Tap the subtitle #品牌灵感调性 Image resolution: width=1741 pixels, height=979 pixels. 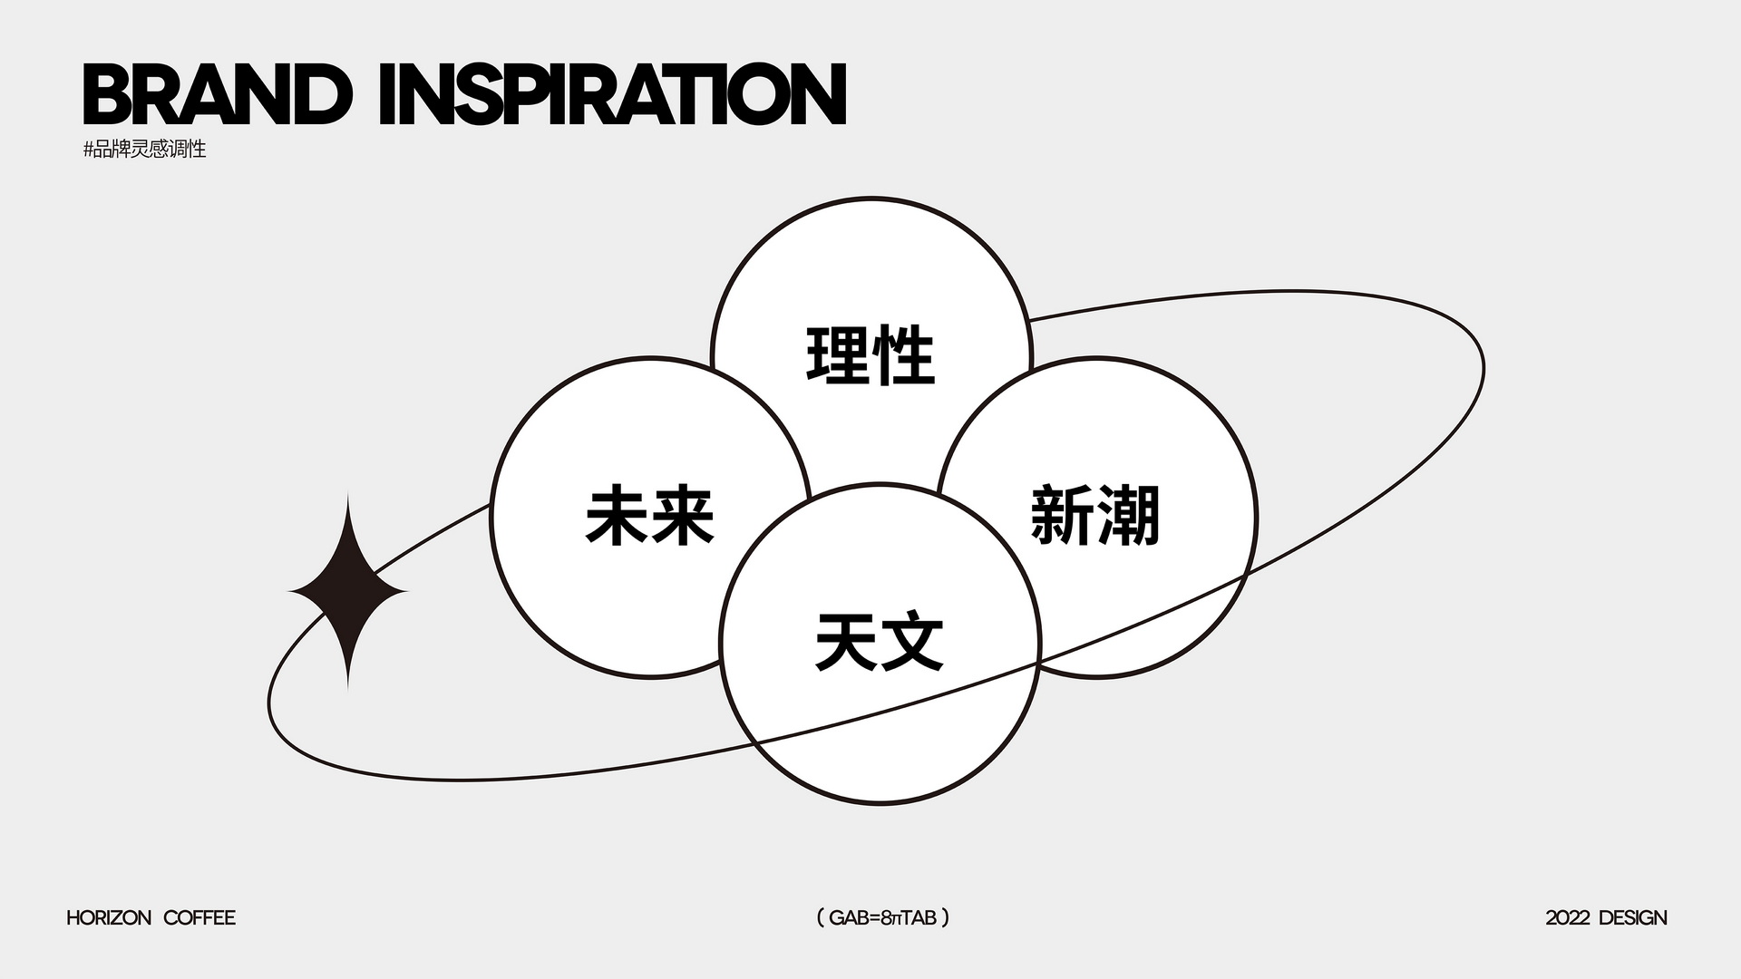point(145,150)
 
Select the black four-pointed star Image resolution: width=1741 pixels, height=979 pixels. point(348,591)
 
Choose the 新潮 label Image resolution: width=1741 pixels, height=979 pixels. point(1095,515)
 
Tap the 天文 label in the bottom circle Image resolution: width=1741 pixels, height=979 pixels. point(880,642)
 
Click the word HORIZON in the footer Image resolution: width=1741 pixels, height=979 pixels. point(109,918)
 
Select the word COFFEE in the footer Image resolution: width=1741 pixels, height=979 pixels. point(199,918)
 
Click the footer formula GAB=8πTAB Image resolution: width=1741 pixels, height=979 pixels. point(883,918)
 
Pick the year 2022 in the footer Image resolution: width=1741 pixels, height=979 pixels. point(1568,918)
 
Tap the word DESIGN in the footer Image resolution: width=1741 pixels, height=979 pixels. point(1633,918)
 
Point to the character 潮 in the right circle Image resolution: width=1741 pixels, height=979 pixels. point(1129,515)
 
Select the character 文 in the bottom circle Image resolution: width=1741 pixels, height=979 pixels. point(913,642)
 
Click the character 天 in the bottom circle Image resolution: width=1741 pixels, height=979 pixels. point(846,642)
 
